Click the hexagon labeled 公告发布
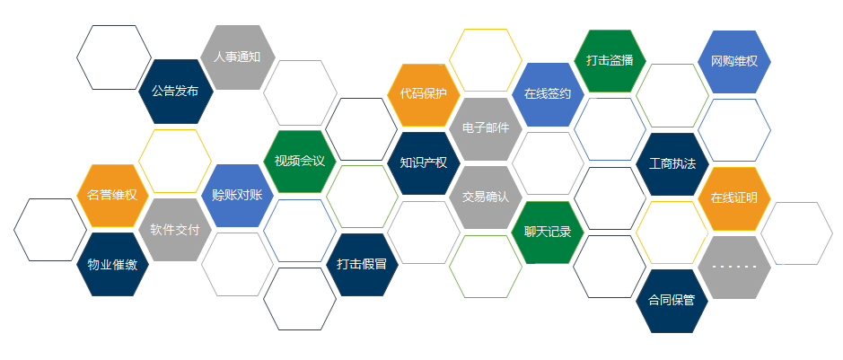pyautogui.click(x=176, y=92)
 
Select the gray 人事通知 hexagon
pyautogui.click(x=238, y=57)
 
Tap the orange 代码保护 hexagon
pyautogui.click(x=424, y=94)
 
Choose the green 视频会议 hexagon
pyautogui.click(x=300, y=162)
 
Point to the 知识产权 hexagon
pyautogui.click(x=424, y=162)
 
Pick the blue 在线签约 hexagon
pyautogui.click(x=548, y=94)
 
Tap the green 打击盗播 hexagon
pyautogui.click(x=610, y=61)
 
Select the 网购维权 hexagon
pyautogui.click(x=733, y=62)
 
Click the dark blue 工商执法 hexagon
pyautogui.click(x=672, y=164)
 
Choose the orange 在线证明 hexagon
pyautogui.click(x=733, y=198)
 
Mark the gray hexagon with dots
pyautogui.click(x=733, y=268)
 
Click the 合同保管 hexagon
pyautogui.click(x=672, y=301)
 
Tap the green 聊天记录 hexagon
pyautogui.click(x=548, y=233)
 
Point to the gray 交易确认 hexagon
pyautogui.click(x=486, y=198)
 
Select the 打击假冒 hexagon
pyautogui.click(x=362, y=265)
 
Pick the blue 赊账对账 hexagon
pyautogui.click(x=238, y=196)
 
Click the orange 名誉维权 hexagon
pyautogui.click(x=112, y=196)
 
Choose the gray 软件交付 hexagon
pyautogui.click(x=175, y=230)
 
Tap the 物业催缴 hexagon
pyautogui.click(x=112, y=264)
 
